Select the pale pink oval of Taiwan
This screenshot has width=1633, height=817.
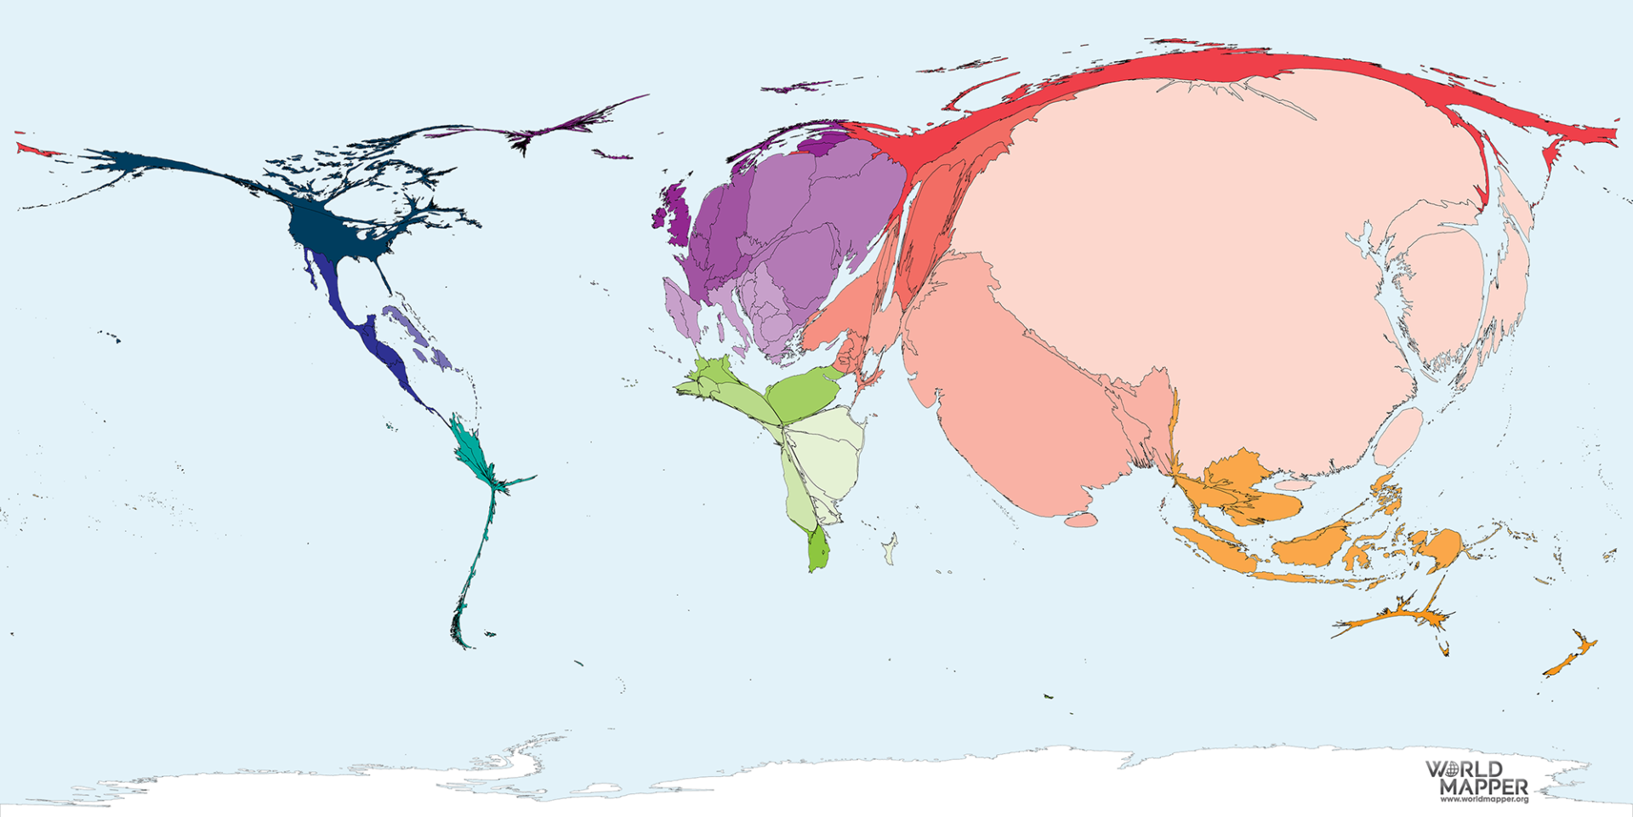tap(1397, 436)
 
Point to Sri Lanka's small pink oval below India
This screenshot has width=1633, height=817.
tap(1080, 519)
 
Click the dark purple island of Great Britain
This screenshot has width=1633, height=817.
tap(678, 209)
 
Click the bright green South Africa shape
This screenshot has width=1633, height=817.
tap(818, 549)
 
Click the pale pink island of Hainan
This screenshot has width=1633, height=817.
tap(1294, 484)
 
